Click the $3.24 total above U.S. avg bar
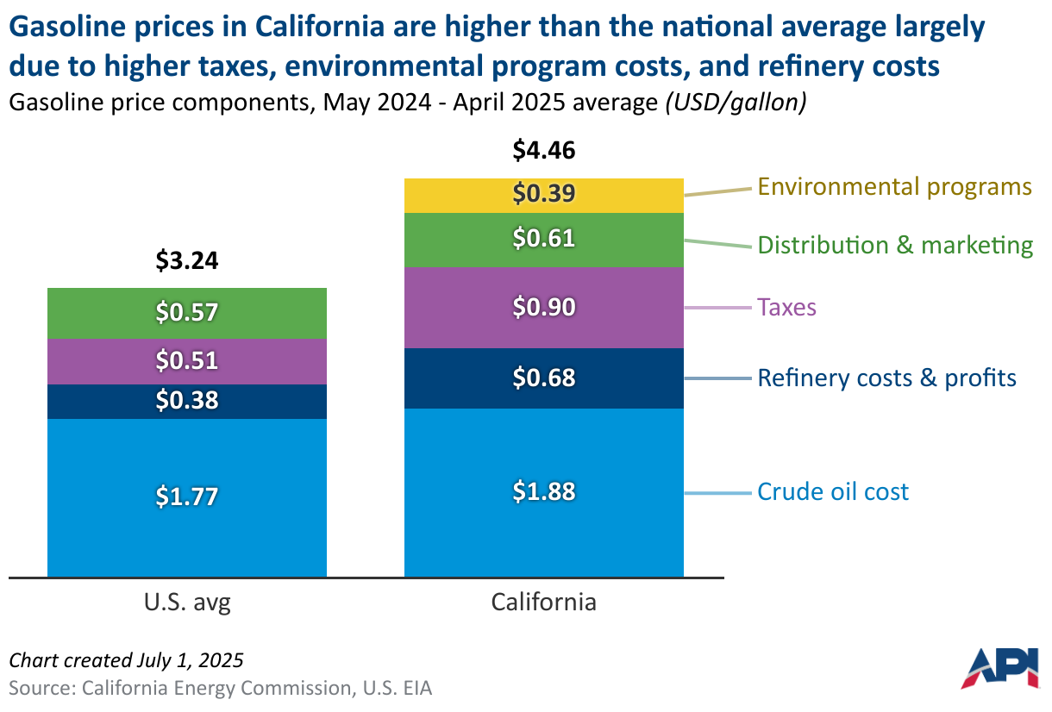pyautogui.click(x=187, y=261)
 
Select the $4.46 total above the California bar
pyautogui.click(x=543, y=151)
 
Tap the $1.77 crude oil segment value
pyautogui.click(x=187, y=497)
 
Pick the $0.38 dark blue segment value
pyautogui.click(x=187, y=401)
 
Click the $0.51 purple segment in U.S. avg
pyautogui.click(x=187, y=360)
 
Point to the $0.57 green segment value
pyautogui.click(x=187, y=312)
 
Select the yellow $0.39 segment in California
pyautogui.click(x=543, y=195)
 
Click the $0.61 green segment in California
pyautogui.click(x=543, y=238)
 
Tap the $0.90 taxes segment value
pyautogui.click(x=543, y=307)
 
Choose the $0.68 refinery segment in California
pyautogui.click(x=543, y=378)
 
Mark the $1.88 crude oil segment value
pyautogui.click(x=543, y=491)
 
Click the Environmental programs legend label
pyautogui.click(x=894, y=187)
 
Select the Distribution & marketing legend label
pyautogui.click(x=895, y=246)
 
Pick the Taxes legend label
pyautogui.click(x=786, y=307)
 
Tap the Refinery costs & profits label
pyautogui.click(x=886, y=378)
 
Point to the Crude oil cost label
pyautogui.click(x=833, y=492)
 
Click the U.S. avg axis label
pyautogui.click(x=187, y=602)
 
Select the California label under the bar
pyautogui.click(x=543, y=602)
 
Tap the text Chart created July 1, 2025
pyautogui.click(x=126, y=660)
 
